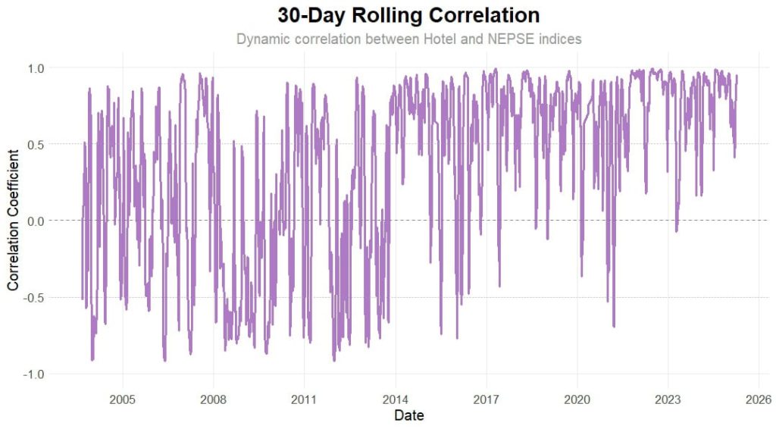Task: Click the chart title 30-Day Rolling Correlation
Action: (408, 15)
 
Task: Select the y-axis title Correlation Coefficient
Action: (13, 221)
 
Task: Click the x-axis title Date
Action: (409, 415)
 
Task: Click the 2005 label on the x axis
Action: (122, 399)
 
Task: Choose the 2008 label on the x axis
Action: (213, 399)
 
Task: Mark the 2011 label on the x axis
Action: (304, 399)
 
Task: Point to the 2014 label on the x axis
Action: (395, 399)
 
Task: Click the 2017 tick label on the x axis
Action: (486, 399)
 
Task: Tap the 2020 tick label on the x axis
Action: (577, 399)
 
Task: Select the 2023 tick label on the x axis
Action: (668, 399)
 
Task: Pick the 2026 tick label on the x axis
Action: (758, 399)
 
